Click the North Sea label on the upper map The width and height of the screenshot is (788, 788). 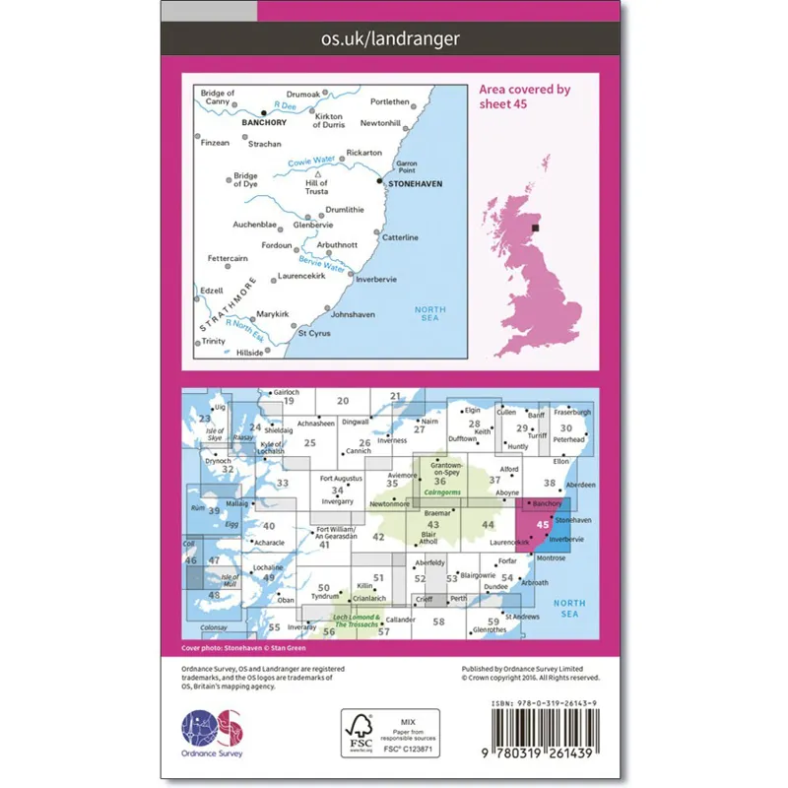[x=429, y=314]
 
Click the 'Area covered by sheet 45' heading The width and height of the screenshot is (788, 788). [x=524, y=97]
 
